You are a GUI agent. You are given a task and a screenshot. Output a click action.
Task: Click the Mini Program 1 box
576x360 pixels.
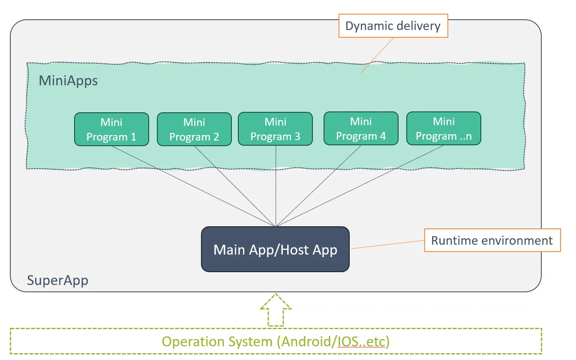point(111,129)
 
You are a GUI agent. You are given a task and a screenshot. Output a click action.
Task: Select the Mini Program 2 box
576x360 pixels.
point(195,129)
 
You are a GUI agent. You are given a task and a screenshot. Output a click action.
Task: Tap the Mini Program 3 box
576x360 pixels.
point(276,129)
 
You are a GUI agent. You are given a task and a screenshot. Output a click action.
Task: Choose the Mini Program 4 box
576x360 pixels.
point(361,128)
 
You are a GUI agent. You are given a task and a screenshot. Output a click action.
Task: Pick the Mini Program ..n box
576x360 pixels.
point(444,128)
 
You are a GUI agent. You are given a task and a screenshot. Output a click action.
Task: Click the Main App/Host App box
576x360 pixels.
point(276,249)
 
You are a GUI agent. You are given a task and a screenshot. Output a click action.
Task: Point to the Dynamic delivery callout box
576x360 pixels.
point(393,26)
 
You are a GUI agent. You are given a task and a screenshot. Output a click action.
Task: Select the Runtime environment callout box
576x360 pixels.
point(492,240)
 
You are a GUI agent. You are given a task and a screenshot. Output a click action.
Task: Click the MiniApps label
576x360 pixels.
point(68,81)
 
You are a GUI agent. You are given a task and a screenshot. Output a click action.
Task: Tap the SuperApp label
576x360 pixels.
point(57,280)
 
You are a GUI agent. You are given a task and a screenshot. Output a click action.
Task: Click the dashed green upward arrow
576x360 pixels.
point(276,310)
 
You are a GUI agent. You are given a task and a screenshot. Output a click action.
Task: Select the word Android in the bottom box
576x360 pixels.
point(306,342)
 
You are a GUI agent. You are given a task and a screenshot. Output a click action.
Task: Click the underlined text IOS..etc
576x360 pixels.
point(362,342)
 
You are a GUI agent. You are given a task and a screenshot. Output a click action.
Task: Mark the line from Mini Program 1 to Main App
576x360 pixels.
point(193,186)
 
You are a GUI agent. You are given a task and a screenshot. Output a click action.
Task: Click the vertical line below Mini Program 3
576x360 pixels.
point(276,186)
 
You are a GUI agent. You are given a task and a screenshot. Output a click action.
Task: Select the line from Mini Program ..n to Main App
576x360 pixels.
point(360,186)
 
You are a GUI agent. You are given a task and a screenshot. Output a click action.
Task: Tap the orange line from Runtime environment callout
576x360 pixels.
point(387,244)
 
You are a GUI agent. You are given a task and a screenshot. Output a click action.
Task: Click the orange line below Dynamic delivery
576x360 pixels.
point(377,55)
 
